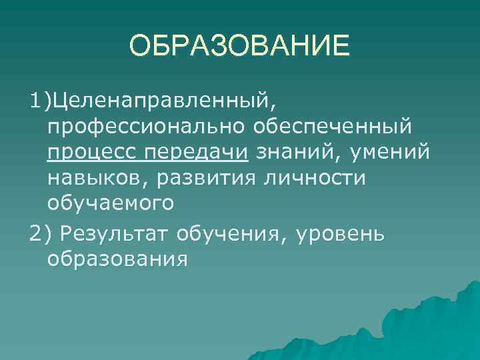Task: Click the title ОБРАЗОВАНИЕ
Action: pos(239,46)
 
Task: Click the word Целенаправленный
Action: pos(161,101)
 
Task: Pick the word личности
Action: pos(311,178)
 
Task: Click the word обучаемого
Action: pos(111,203)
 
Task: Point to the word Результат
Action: pos(117,233)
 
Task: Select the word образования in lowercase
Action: pos(117,259)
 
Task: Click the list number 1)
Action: pos(40,101)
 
